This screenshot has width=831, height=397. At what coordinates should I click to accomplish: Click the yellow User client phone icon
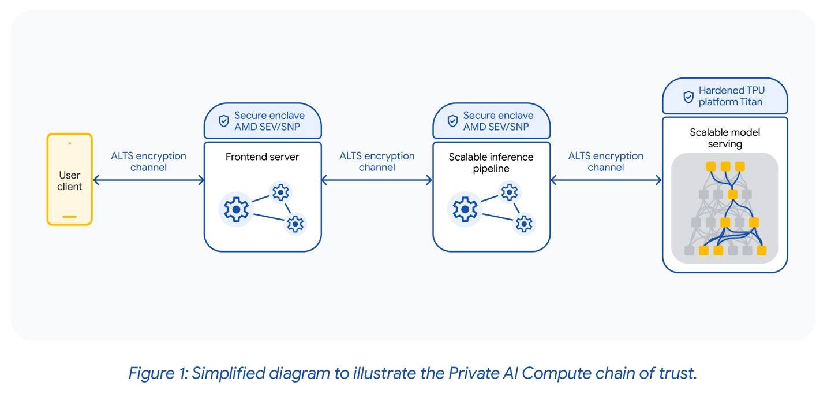pyautogui.click(x=70, y=179)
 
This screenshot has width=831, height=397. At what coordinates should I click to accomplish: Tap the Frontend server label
pyautogui.click(x=262, y=157)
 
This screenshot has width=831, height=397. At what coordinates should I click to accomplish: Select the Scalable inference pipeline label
pyautogui.click(x=491, y=162)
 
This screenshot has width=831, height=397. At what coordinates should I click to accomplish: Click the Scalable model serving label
pyautogui.click(x=724, y=138)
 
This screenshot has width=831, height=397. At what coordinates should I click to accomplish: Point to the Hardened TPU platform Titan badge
pyautogui.click(x=725, y=96)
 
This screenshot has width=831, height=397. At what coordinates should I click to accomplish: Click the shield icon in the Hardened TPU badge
pyautogui.click(x=688, y=97)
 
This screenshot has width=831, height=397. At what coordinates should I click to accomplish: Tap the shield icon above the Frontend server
pyautogui.click(x=223, y=121)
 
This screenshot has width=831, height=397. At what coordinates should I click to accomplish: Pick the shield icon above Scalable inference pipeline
pyautogui.click(x=452, y=121)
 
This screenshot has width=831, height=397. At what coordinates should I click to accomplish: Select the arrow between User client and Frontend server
pyautogui.click(x=148, y=180)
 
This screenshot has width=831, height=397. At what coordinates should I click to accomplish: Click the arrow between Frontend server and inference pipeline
pyautogui.click(x=376, y=180)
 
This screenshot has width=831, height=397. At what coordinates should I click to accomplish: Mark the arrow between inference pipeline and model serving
pyautogui.click(x=605, y=180)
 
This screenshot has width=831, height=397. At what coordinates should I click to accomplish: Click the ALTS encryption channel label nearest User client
pyautogui.click(x=148, y=162)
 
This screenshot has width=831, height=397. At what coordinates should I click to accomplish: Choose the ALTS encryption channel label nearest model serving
pyautogui.click(x=605, y=162)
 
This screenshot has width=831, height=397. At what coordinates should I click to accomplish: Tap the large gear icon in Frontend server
pyautogui.click(x=236, y=209)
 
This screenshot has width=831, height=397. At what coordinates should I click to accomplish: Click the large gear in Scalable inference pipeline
pyautogui.click(x=465, y=209)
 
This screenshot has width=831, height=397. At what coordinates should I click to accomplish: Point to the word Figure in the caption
pyautogui.click(x=152, y=373)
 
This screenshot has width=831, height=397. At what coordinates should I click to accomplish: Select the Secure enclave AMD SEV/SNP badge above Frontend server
pyautogui.click(x=263, y=121)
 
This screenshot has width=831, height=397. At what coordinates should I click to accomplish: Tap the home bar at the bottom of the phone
pyautogui.click(x=70, y=217)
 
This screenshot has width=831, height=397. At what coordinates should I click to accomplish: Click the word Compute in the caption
pyautogui.click(x=555, y=373)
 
